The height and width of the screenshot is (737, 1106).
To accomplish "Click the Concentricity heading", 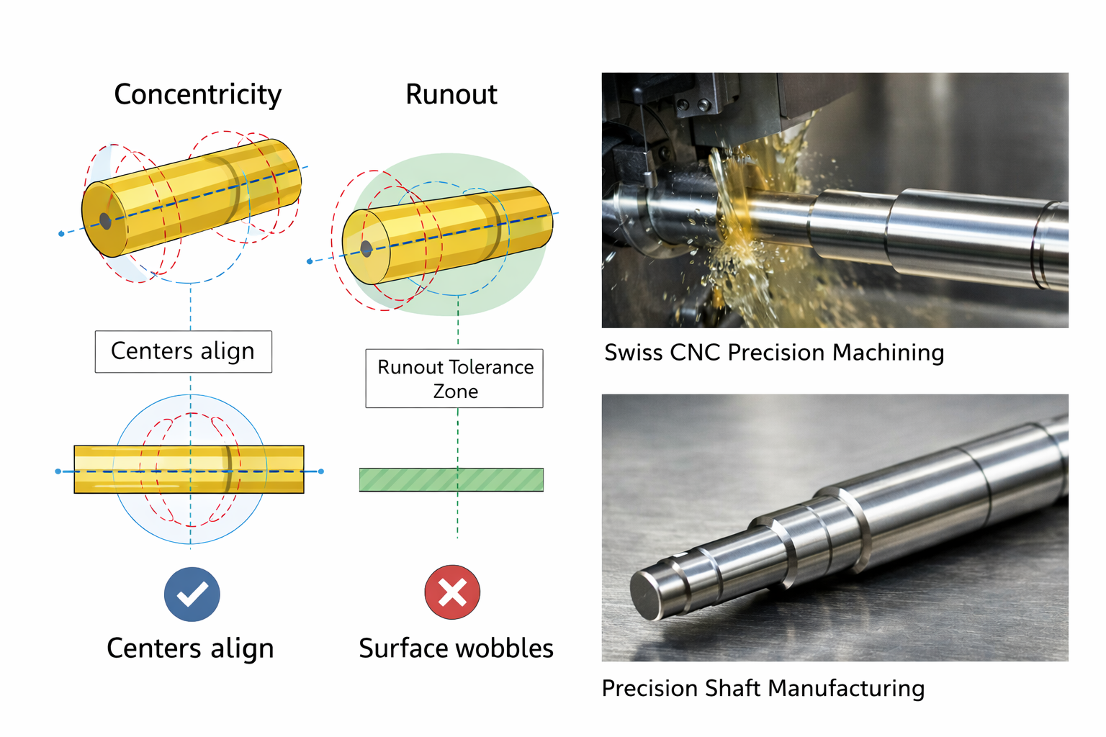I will (x=197, y=95).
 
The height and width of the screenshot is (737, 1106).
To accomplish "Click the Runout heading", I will (x=451, y=95).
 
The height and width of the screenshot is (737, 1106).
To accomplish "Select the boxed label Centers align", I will (x=183, y=351).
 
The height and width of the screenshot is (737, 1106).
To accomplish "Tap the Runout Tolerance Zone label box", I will (x=454, y=379).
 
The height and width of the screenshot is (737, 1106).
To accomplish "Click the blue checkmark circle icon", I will (x=192, y=594).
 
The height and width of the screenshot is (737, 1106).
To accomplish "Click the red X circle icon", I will (x=452, y=592).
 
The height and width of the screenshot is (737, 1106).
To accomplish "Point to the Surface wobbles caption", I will (x=456, y=648).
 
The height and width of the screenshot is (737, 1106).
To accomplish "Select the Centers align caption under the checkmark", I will (x=190, y=648).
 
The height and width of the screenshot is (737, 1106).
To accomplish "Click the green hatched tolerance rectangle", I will (x=451, y=479).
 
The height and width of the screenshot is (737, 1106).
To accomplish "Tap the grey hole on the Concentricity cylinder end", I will (x=105, y=221).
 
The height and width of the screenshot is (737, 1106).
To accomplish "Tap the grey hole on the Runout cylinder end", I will (x=366, y=249).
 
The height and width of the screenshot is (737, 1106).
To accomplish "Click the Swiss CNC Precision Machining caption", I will (x=774, y=353).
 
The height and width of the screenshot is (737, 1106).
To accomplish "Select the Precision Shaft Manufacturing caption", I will (x=763, y=689).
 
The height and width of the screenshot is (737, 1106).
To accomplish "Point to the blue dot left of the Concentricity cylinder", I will (x=61, y=234).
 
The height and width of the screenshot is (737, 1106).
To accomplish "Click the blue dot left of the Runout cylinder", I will (x=310, y=261).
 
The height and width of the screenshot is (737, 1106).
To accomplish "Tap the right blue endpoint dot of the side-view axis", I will (x=321, y=471).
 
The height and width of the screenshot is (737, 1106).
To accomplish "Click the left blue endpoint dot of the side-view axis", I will (x=58, y=471).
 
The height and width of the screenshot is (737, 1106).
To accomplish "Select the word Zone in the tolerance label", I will (x=455, y=392).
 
